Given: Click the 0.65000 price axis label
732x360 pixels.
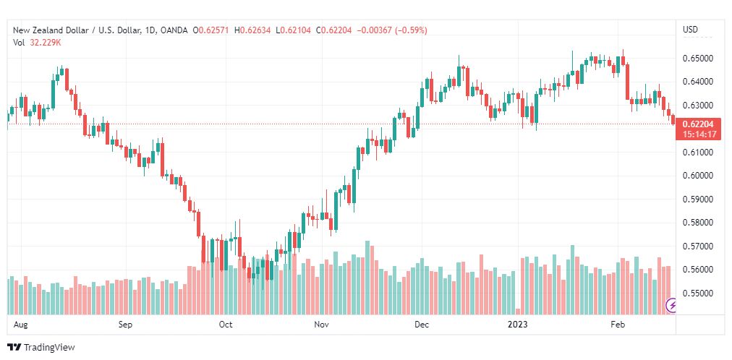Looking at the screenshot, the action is click(x=697, y=59).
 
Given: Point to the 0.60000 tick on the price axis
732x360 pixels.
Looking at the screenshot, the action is click(x=697, y=176).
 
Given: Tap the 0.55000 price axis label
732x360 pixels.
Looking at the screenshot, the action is click(x=697, y=293).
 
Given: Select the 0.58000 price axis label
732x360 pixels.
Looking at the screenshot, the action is click(x=697, y=223).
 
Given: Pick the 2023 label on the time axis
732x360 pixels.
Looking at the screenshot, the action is click(x=518, y=324).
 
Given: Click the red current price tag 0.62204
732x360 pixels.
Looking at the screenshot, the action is click(x=699, y=124).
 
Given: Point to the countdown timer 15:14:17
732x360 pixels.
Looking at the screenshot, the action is click(x=699, y=134).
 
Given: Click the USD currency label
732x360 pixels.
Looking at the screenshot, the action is click(x=691, y=30).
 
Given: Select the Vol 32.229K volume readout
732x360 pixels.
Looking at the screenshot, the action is click(x=37, y=43).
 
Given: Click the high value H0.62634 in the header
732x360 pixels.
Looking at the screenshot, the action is click(x=252, y=30).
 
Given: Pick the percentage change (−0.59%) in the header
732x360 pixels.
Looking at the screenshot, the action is click(x=411, y=30).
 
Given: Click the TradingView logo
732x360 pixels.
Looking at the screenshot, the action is click(x=41, y=348).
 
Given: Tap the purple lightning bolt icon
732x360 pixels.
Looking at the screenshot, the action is click(x=672, y=306).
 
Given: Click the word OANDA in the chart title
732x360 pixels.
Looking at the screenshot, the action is click(x=174, y=30).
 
